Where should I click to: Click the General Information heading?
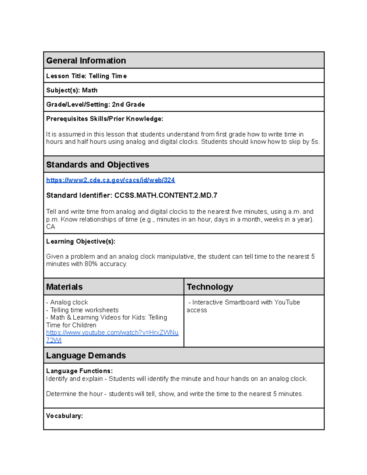pyautogui.click(x=86, y=61)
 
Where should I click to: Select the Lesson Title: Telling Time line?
pyautogui.click(x=86, y=76)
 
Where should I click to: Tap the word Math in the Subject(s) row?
pyautogui.click(x=90, y=90)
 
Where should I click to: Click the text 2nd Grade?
pyautogui.click(x=128, y=105)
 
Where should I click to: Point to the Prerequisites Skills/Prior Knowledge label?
pyautogui.click(x=105, y=119)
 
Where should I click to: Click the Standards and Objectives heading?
pyautogui.click(x=98, y=165)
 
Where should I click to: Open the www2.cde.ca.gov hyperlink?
pyautogui.click(x=110, y=180)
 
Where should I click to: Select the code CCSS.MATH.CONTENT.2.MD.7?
pyautogui.click(x=166, y=195)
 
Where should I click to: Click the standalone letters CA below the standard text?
pyautogui.click(x=50, y=227)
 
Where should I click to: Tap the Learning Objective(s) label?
pyautogui.click(x=81, y=241)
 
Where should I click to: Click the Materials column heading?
pyautogui.click(x=64, y=287)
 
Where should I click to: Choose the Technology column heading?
pyautogui.click(x=210, y=287)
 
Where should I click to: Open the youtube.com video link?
pyautogui.click(x=112, y=333)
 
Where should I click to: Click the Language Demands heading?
pyautogui.click(x=86, y=355)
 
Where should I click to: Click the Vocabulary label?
pyautogui.click(x=65, y=416)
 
